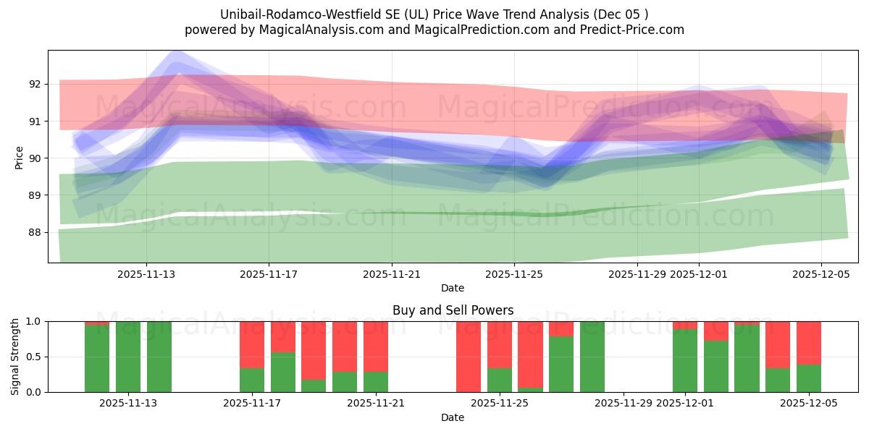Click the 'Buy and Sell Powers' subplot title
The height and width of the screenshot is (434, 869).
(453, 310)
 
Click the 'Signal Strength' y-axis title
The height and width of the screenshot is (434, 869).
(15, 357)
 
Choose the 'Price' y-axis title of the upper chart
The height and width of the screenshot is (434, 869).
(19, 158)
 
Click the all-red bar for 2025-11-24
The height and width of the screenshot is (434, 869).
(469, 357)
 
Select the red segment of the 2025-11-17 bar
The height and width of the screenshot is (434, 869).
(252, 344)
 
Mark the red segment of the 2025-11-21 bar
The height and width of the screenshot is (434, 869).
(376, 346)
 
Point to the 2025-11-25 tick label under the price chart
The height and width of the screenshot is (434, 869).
(513, 274)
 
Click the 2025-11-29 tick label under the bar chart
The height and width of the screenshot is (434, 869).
(624, 403)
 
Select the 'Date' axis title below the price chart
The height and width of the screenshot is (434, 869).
(453, 288)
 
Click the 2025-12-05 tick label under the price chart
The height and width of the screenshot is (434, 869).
(820, 274)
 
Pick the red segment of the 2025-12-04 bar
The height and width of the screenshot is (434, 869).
(778, 344)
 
